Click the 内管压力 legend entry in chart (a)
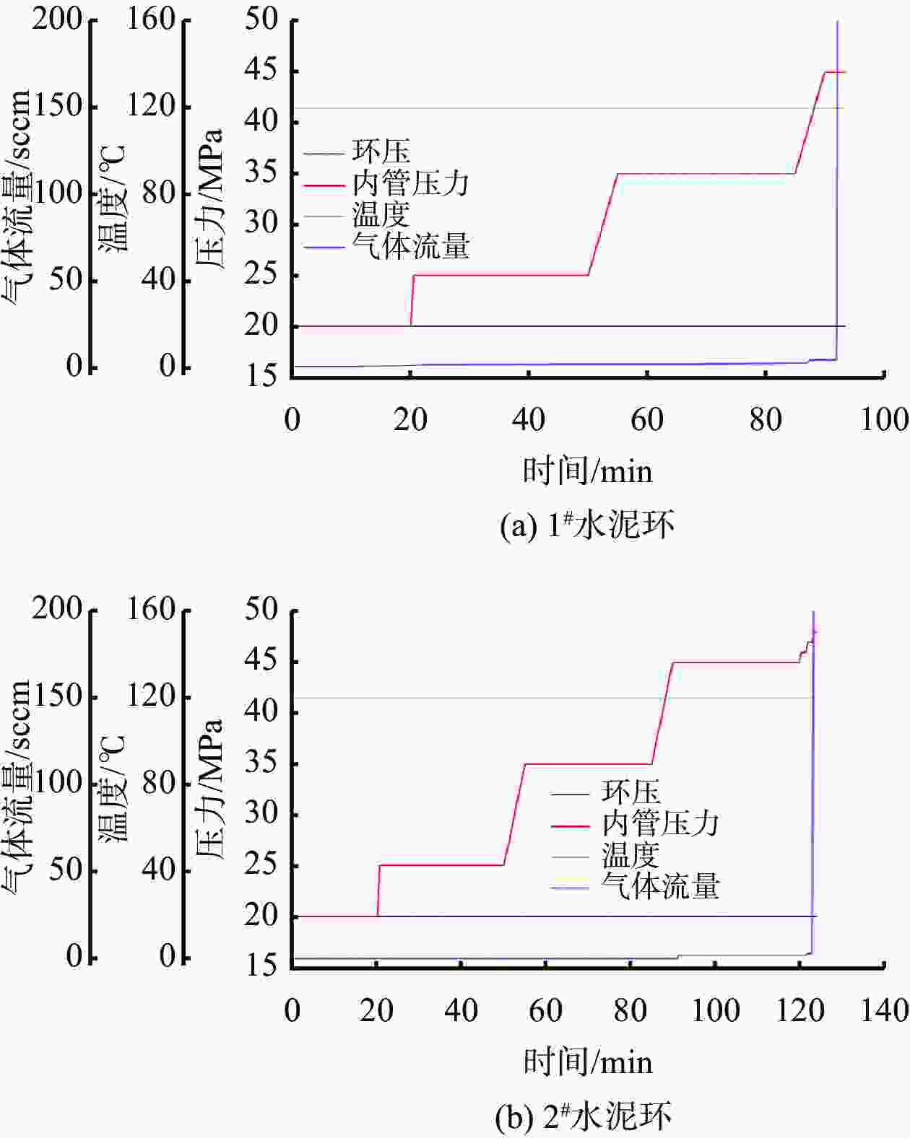tap(410, 184)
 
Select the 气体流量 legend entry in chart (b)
tap(660, 886)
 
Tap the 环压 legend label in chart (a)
tap(381, 152)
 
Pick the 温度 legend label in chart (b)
tap(630, 855)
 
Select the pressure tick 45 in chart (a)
tap(261, 71)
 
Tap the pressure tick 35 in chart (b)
tap(261, 763)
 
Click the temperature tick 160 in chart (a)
tap(152, 19)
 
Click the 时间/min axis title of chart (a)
tap(587, 472)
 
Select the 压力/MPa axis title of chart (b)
tap(210, 788)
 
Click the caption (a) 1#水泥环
tap(587, 525)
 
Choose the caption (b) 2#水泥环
tap(584, 1116)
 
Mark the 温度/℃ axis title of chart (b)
tap(113, 788)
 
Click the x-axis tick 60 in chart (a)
tap(646, 419)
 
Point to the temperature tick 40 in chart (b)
tap(159, 870)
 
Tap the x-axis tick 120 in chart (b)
tap(799, 1010)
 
